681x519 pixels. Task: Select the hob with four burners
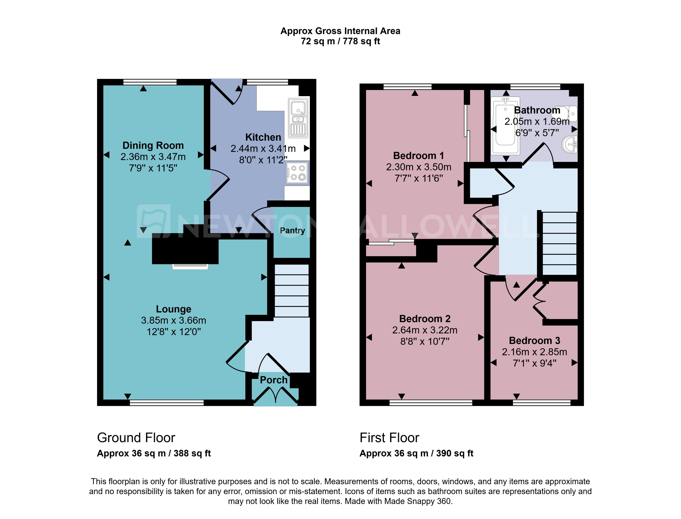point(297,173)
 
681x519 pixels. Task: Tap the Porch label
point(273,380)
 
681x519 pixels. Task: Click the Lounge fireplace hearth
point(190,267)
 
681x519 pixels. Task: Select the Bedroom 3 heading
point(534,340)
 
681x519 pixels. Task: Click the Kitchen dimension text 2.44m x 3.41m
point(263,149)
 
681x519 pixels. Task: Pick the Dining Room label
point(153,145)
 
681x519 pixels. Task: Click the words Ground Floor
point(136,438)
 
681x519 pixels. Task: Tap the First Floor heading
point(389,438)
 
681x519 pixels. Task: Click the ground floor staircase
point(291,290)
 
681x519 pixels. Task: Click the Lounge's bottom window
point(167,402)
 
